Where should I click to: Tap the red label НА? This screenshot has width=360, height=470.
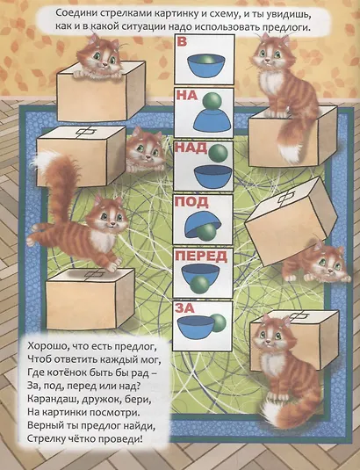tap(185, 96)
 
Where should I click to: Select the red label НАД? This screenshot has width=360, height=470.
tap(191, 148)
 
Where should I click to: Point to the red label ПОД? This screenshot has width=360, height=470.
tap(191, 202)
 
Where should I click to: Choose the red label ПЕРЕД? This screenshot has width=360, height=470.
tap(201, 256)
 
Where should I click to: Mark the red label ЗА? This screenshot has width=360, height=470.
tap(185, 308)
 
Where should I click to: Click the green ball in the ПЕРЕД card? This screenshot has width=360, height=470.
tap(201, 283)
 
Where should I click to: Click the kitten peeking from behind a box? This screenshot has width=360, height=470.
tap(142, 149)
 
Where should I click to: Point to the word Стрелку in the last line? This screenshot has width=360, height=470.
tap(41, 443)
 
